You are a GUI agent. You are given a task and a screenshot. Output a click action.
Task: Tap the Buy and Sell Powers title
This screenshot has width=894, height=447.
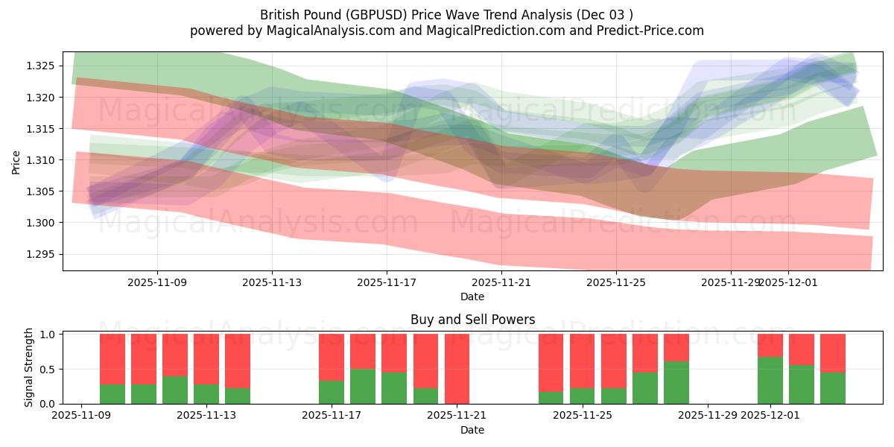click(x=472, y=320)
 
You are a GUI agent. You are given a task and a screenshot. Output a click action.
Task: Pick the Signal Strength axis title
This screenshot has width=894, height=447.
click(x=29, y=367)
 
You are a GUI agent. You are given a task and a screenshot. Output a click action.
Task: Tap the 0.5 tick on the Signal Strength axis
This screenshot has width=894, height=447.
click(x=48, y=370)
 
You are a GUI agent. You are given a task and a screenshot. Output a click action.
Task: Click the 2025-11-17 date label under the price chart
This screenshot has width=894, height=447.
click(x=387, y=282)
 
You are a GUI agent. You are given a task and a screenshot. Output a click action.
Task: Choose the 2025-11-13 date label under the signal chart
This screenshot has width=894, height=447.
click(x=206, y=415)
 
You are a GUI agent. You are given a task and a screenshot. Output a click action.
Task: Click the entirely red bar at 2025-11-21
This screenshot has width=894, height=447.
click(x=457, y=369)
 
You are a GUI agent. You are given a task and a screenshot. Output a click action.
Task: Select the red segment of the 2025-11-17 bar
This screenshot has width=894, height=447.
click(x=332, y=357)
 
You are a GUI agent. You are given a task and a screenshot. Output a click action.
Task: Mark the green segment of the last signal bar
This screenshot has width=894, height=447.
click(x=833, y=387)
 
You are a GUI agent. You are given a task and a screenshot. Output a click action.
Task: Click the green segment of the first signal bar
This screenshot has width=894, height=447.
click(x=112, y=393)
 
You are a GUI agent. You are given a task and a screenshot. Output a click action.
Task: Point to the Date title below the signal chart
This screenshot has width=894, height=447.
click(x=472, y=430)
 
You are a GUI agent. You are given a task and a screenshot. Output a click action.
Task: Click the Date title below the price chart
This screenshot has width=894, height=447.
click(x=472, y=297)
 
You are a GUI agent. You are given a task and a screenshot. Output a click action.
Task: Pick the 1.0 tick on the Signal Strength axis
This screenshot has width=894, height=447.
click(x=48, y=335)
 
